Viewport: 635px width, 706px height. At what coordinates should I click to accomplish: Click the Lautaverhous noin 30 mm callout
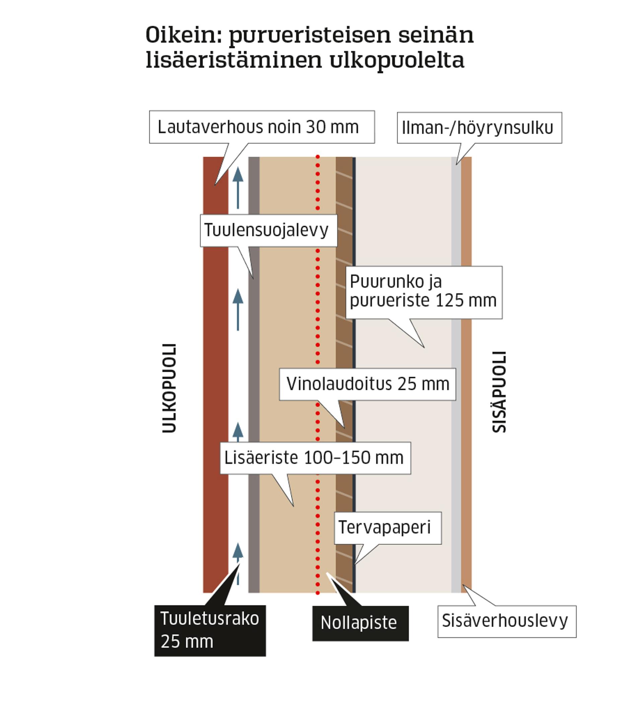tap(262, 127)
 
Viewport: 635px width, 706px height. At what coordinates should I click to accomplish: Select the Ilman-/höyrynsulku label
tap(479, 128)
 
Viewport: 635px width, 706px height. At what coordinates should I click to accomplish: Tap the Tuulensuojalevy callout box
tap(268, 230)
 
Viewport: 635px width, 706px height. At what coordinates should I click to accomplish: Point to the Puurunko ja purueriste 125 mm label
tap(424, 292)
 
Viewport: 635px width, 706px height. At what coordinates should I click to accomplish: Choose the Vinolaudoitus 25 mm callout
tap(367, 384)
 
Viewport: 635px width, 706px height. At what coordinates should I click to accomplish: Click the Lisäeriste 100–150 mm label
tap(315, 458)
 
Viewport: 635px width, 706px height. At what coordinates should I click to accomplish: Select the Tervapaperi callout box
tap(387, 527)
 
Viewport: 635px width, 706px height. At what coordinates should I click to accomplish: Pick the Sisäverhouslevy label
tap(507, 621)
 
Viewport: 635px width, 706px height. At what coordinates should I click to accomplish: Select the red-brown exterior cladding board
tap(216, 349)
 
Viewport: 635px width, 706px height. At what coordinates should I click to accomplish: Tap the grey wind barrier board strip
tap(254, 349)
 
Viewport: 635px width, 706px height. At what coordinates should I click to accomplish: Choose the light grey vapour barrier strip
tap(456, 349)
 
